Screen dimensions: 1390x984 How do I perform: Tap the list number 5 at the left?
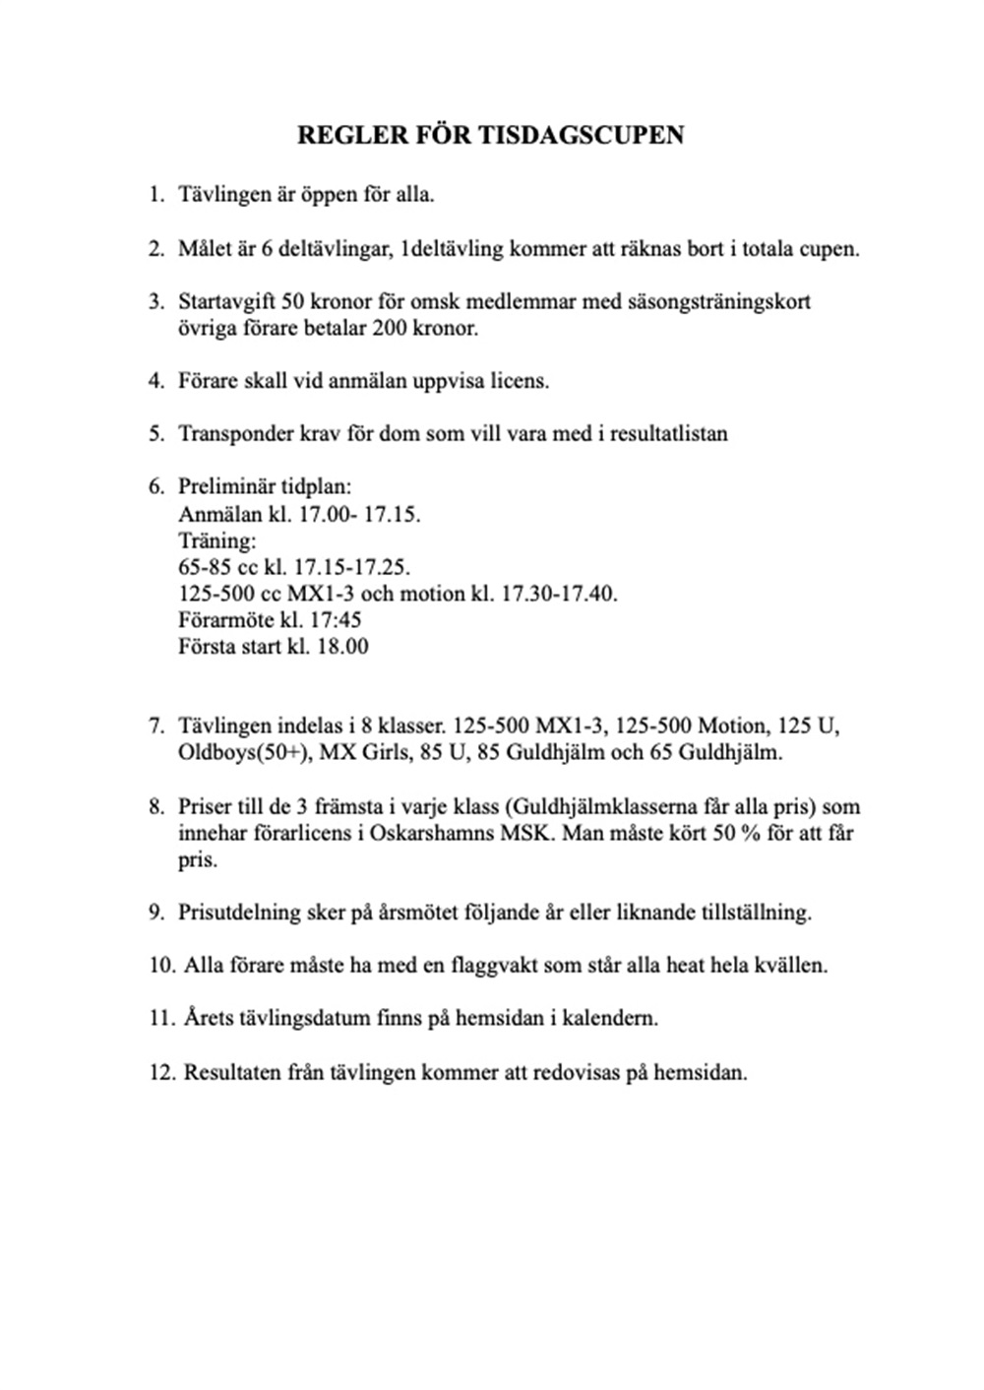155,433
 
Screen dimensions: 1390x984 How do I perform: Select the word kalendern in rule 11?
611,1018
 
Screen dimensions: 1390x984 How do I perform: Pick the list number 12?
161,1071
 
